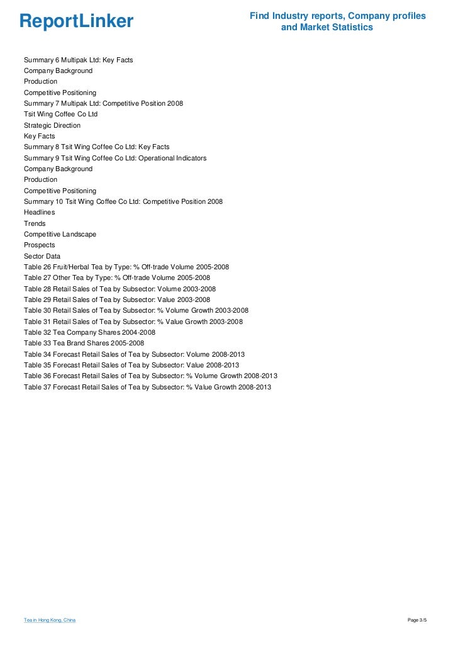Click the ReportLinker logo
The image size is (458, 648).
77,22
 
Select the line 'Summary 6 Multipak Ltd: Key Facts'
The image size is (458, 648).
78,60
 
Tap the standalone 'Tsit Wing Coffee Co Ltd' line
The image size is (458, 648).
60,115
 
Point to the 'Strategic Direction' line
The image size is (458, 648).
52,125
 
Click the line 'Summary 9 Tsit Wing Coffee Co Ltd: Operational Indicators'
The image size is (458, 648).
115,158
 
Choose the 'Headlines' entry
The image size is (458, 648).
39,212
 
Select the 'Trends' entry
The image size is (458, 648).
34,223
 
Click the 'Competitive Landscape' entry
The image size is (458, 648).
60,234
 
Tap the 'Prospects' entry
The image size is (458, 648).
39,245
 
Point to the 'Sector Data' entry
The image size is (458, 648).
42,256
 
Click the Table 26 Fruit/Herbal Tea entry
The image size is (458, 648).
126,267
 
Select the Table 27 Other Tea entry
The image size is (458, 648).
117,277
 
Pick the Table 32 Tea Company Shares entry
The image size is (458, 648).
89,332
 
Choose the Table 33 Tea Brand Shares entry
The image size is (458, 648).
84,343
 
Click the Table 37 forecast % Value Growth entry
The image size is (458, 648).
147,387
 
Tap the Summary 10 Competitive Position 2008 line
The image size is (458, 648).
123,201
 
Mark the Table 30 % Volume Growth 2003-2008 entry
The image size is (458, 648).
136,310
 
